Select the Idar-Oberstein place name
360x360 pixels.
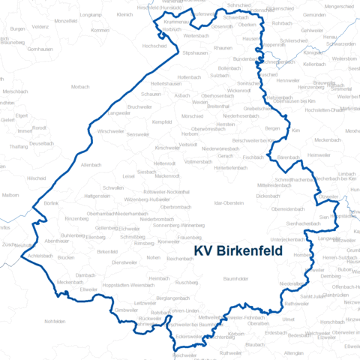228,203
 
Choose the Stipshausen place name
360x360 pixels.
194,53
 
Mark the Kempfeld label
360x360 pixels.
163,121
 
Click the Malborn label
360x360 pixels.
10,194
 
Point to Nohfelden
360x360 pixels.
55,321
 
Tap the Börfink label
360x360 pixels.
51,203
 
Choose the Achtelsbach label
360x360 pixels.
39,256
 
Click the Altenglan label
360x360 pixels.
294,352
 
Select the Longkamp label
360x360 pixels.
90,14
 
